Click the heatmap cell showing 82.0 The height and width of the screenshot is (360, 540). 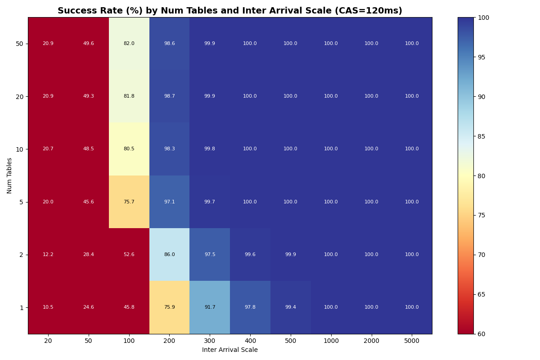click(x=129, y=44)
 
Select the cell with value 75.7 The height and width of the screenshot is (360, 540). click(x=129, y=202)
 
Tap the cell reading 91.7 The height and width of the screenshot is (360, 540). click(x=210, y=307)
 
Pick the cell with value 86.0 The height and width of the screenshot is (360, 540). click(x=169, y=255)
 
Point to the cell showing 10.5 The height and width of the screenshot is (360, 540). click(x=48, y=307)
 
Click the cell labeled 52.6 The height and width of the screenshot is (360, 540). click(x=129, y=255)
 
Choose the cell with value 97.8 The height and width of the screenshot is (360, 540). click(x=250, y=307)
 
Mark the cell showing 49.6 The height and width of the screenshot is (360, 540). click(x=89, y=44)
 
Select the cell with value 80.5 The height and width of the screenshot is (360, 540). click(x=129, y=149)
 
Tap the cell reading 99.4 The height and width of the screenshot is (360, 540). click(x=290, y=307)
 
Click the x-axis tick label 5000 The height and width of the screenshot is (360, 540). click(x=412, y=341)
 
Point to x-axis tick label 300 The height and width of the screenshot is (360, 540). click(x=210, y=341)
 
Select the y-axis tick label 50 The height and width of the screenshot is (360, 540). click(x=20, y=44)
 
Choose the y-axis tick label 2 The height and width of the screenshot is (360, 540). click(x=22, y=255)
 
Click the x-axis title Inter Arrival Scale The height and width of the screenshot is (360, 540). click(x=230, y=350)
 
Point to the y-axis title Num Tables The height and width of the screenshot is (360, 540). click(x=9, y=175)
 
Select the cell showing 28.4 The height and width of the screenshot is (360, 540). click(x=89, y=255)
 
